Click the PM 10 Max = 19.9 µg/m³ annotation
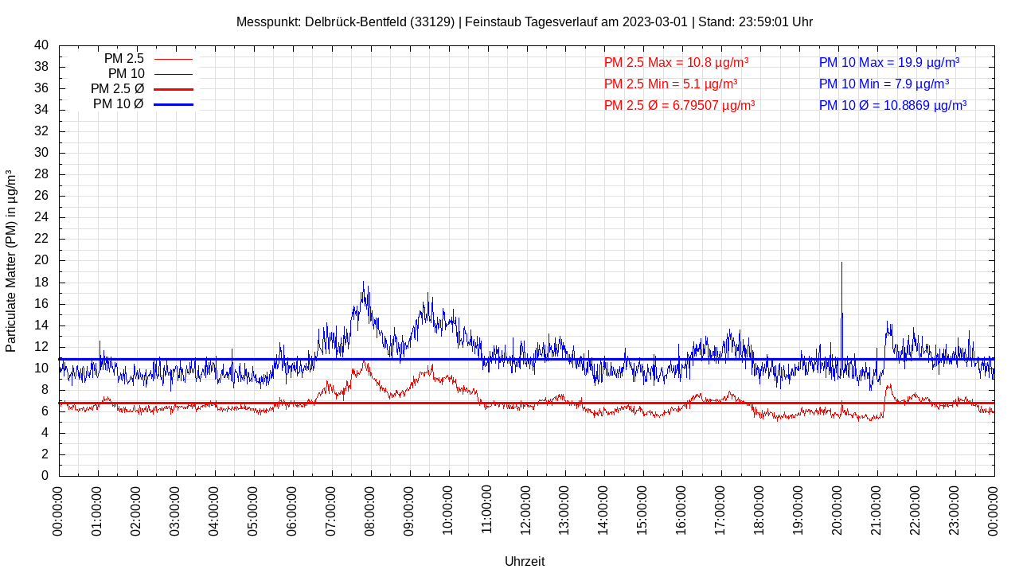tap(888, 62)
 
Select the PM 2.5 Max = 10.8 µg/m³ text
tap(676, 62)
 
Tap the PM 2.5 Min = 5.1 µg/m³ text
tap(670, 84)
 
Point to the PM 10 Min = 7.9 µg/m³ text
tap(884, 84)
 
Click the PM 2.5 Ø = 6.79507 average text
tap(679, 105)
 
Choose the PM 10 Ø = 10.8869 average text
tap(892, 105)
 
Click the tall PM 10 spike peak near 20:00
tap(841, 263)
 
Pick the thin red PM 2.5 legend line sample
tap(173, 59)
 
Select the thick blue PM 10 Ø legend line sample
tap(173, 104)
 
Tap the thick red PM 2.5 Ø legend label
tap(117, 89)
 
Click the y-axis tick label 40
tap(41, 45)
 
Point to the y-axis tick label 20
tap(41, 260)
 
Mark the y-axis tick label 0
tap(45, 476)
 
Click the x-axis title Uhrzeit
tap(525, 561)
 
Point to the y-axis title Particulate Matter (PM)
tap(11, 261)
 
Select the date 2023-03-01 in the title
tap(654, 21)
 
